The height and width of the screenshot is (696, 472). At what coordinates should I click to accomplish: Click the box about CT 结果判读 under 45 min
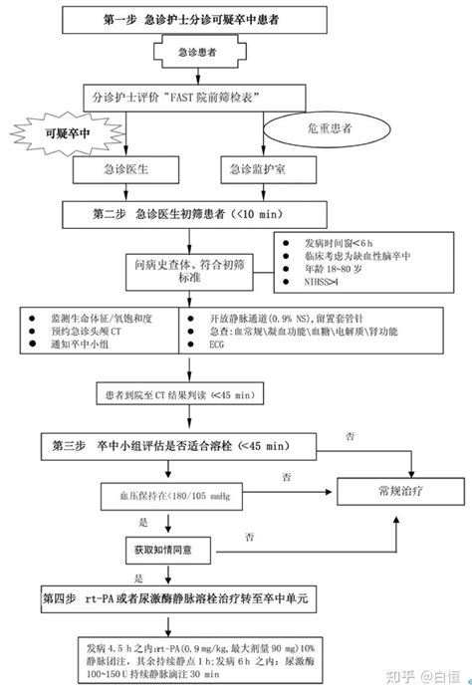pyautogui.click(x=175, y=394)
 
